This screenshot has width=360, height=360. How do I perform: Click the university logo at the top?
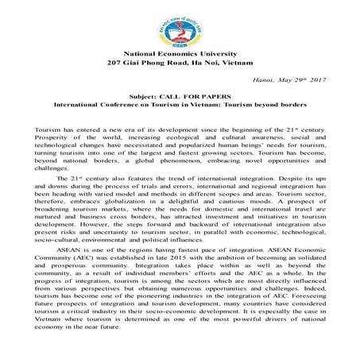180,29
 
